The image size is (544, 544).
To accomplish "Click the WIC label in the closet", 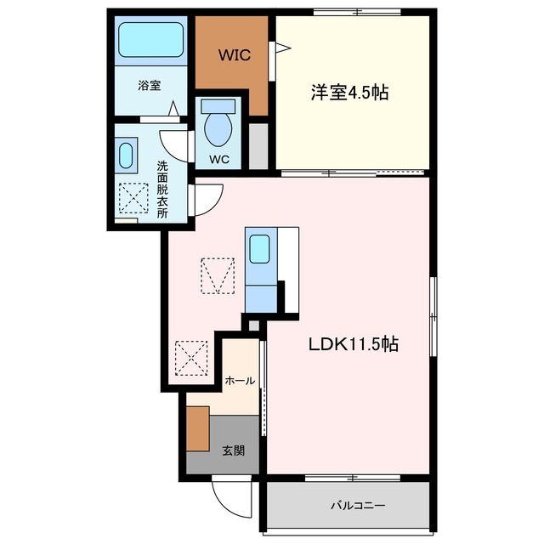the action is point(235,55).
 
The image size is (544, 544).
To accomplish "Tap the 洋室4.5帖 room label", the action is point(349,93).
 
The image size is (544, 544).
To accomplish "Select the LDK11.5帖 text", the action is point(354,344).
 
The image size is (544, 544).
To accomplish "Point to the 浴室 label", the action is point(150,85).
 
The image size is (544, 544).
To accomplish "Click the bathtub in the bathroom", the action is point(150,40).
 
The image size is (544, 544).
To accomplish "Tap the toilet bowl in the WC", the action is point(218,128).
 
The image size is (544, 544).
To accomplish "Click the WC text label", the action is point(219,159).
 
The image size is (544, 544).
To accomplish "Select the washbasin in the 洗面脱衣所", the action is point(126,155).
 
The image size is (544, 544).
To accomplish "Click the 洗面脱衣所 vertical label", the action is point(162,190).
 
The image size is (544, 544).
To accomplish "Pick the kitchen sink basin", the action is point(259,249).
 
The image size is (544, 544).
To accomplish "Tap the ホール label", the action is point(240,381).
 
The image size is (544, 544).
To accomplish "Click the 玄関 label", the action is point(234,450).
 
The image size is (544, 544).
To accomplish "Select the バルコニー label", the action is point(357,506).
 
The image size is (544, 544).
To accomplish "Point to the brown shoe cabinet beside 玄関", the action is point(198,428).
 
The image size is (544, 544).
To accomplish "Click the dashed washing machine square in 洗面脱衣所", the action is point(133,198).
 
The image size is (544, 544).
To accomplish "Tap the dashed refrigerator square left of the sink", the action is point(218,275).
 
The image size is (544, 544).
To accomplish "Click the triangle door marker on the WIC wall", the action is point(283,48).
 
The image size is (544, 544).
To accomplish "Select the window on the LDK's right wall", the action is point(433,316).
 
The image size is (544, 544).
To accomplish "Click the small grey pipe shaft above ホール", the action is point(253,326).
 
